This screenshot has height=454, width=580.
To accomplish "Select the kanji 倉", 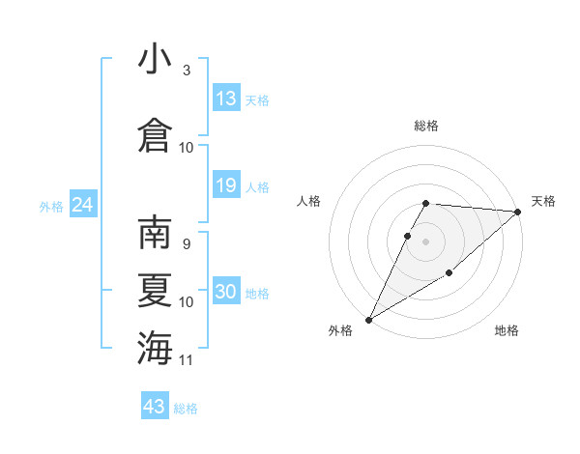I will point(155,135).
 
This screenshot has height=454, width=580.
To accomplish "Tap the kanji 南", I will point(155,233).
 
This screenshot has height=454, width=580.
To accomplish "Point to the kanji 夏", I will point(155,290).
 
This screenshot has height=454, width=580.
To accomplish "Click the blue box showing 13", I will point(226,99).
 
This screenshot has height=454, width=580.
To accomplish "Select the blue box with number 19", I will point(226,186).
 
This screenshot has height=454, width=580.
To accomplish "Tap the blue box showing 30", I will point(226,293).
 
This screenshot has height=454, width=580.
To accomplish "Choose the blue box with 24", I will point(82,205).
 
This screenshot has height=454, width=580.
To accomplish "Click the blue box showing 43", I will point(155,407).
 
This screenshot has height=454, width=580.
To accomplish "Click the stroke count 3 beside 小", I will point(187,71).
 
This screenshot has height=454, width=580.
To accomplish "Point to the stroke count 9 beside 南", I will point(187,244).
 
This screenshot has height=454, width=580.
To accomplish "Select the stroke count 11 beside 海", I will point(187,360).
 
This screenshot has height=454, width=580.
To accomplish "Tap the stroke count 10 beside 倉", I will point(187,147).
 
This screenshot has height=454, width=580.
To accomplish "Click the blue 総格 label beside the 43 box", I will point(186,409).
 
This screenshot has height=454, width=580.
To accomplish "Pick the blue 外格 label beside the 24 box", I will point(51,206).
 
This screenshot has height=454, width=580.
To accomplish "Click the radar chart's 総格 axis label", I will point(426,126).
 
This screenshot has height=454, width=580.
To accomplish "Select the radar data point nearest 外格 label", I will point(368,319).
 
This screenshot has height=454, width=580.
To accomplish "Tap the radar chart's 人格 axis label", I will point(309,201).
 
